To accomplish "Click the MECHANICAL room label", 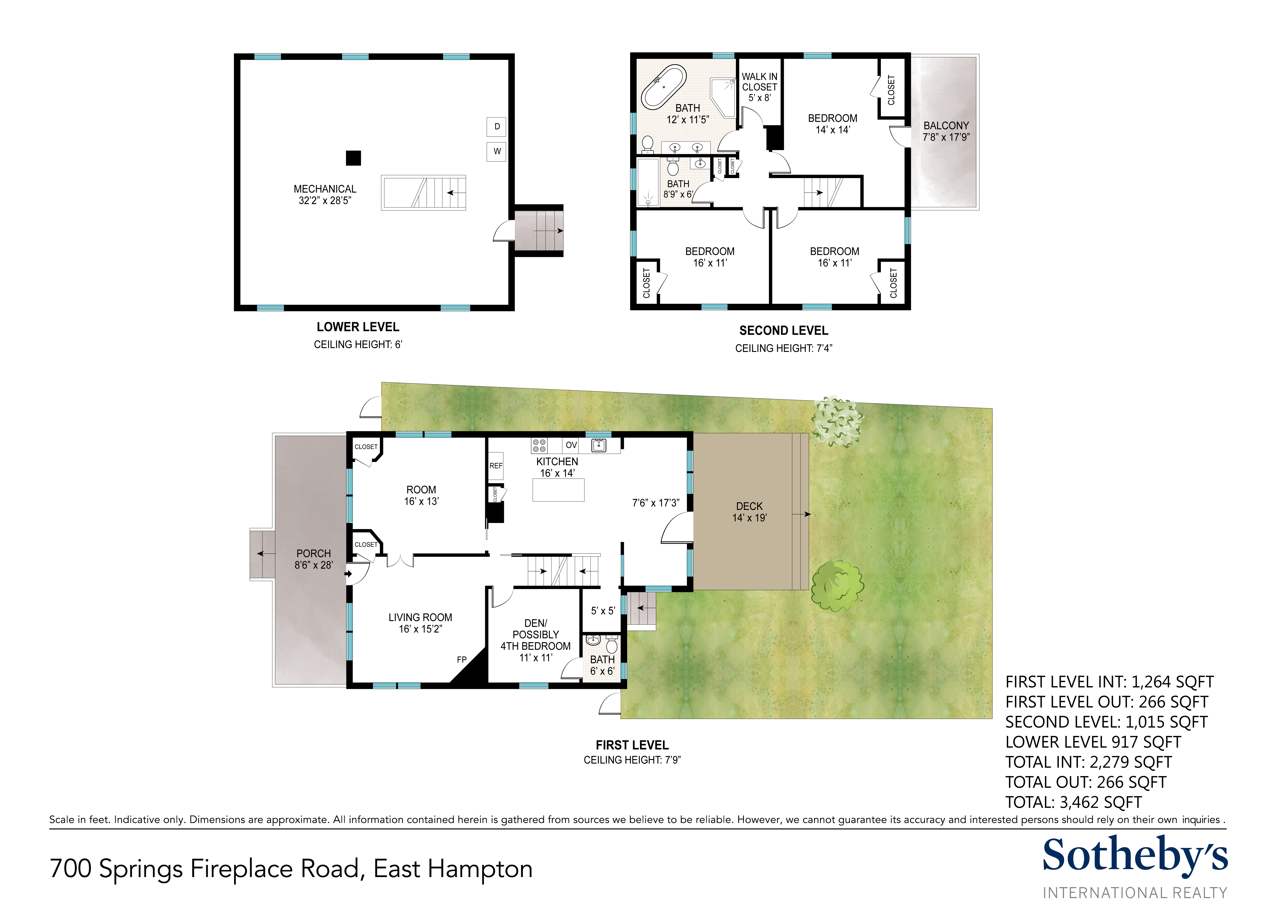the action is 325,189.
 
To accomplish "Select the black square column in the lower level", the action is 353,158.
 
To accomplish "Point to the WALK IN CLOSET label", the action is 759,81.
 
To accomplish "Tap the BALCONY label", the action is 946,125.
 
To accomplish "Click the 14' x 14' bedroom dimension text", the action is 833,130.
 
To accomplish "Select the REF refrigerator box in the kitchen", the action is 496,466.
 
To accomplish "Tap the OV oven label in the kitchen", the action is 571,445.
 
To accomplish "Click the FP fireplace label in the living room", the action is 462,660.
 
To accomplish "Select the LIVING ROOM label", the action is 420,617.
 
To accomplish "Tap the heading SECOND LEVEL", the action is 784,331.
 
